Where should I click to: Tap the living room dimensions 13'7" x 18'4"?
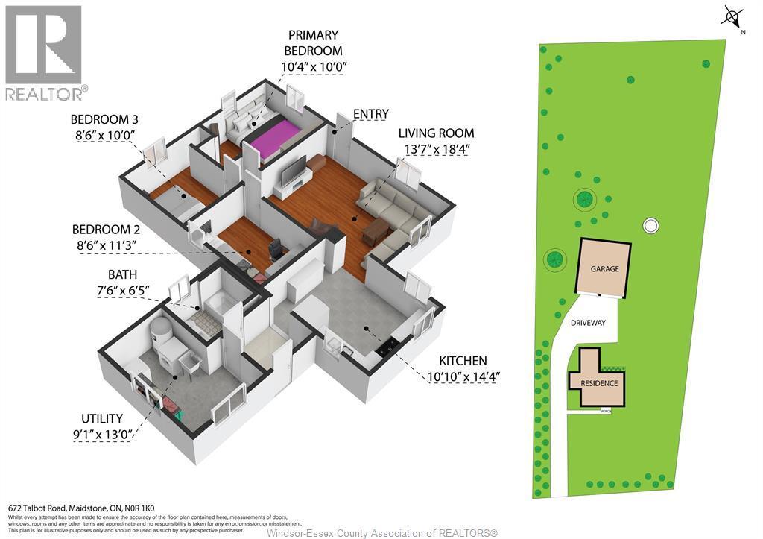(436, 149)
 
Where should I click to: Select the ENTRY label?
(370, 114)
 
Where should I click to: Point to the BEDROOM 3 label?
(104, 119)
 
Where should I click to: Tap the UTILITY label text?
(102, 419)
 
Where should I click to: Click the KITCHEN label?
(462, 361)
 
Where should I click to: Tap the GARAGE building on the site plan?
(604, 268)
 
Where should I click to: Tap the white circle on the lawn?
(650, 225)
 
